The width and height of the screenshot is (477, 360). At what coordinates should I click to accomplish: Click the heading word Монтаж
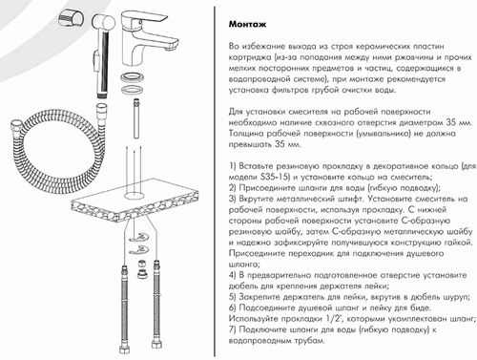247,25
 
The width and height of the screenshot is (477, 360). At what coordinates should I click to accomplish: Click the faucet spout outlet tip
170,49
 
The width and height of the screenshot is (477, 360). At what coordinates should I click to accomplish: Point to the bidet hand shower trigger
94,59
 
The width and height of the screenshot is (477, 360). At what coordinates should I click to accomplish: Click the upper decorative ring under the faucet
132,78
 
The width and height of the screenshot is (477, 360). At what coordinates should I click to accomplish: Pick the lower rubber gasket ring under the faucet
132,90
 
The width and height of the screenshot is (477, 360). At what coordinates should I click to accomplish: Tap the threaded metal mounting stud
136,118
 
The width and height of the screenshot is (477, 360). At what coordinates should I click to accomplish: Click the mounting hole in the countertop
135,195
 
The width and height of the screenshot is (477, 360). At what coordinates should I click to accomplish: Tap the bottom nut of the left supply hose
124,349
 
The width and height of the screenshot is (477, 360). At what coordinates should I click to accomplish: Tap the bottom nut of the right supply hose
156,344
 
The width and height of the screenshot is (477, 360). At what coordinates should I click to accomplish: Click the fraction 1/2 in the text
332,319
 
